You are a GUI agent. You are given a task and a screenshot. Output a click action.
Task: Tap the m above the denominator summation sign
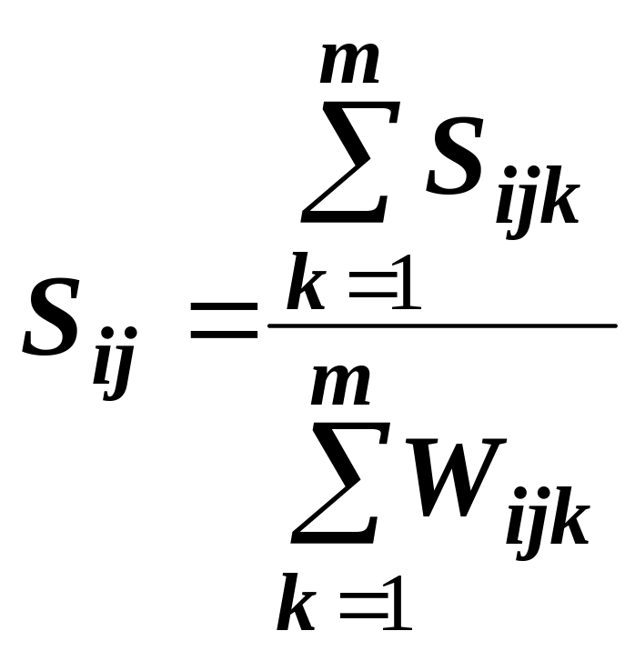click(x=340, y=386)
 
